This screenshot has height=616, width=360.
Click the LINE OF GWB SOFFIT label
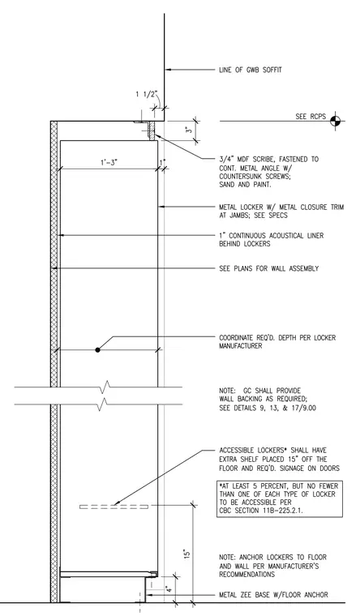[251, 70]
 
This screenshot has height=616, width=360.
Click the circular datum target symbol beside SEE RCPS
[335, 121]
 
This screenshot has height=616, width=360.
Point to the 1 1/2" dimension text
[147, 94]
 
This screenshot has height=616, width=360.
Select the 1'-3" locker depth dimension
[109, 162]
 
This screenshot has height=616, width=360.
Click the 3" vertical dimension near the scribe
[190, 130]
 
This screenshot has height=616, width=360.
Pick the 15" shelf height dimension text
[187, 554]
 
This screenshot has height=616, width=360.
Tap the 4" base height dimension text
[168, 589]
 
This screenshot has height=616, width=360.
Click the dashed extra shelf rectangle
[114, 507]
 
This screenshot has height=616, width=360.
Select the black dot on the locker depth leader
[97, 349]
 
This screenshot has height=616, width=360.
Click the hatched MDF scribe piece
[152, 130]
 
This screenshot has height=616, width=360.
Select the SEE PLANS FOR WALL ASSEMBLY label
[269, 269]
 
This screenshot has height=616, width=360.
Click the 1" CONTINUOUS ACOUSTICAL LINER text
[271, 236]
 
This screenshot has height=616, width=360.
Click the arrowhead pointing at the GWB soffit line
[167, 70]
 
